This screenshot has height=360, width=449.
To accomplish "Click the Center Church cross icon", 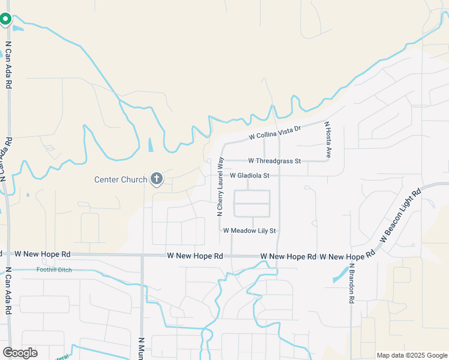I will click(x=157, y=178).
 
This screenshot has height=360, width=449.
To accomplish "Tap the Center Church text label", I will click(x=121, y=179).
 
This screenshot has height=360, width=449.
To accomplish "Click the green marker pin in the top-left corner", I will click(x=5, y=19).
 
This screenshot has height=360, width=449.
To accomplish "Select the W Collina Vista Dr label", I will click(x=274, y=132).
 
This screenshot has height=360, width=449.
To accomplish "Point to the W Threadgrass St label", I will click(x=274, y=161).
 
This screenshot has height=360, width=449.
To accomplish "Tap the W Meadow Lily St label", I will click(x=249, y=230).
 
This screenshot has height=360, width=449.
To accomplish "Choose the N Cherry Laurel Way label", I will click(x=220, y=187).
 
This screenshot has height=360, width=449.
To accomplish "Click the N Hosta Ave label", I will click(x=328, y=140).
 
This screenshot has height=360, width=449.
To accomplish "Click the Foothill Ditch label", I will click(x=54, y=270).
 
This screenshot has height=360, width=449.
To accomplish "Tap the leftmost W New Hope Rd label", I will click(x=43, y=255).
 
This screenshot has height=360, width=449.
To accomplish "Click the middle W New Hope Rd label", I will click(x=195, y=256).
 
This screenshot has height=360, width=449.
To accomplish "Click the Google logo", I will click(x=20, y=352).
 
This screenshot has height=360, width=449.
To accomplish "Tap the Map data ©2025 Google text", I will click(x=411, y=355).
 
